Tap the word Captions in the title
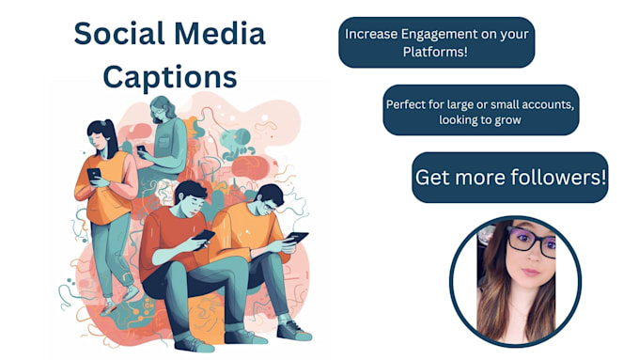170,75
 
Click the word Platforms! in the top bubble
436,53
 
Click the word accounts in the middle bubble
546,103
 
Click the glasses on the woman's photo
530,243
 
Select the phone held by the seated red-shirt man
205,235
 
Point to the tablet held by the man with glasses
296,239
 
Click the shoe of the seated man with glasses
294,330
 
